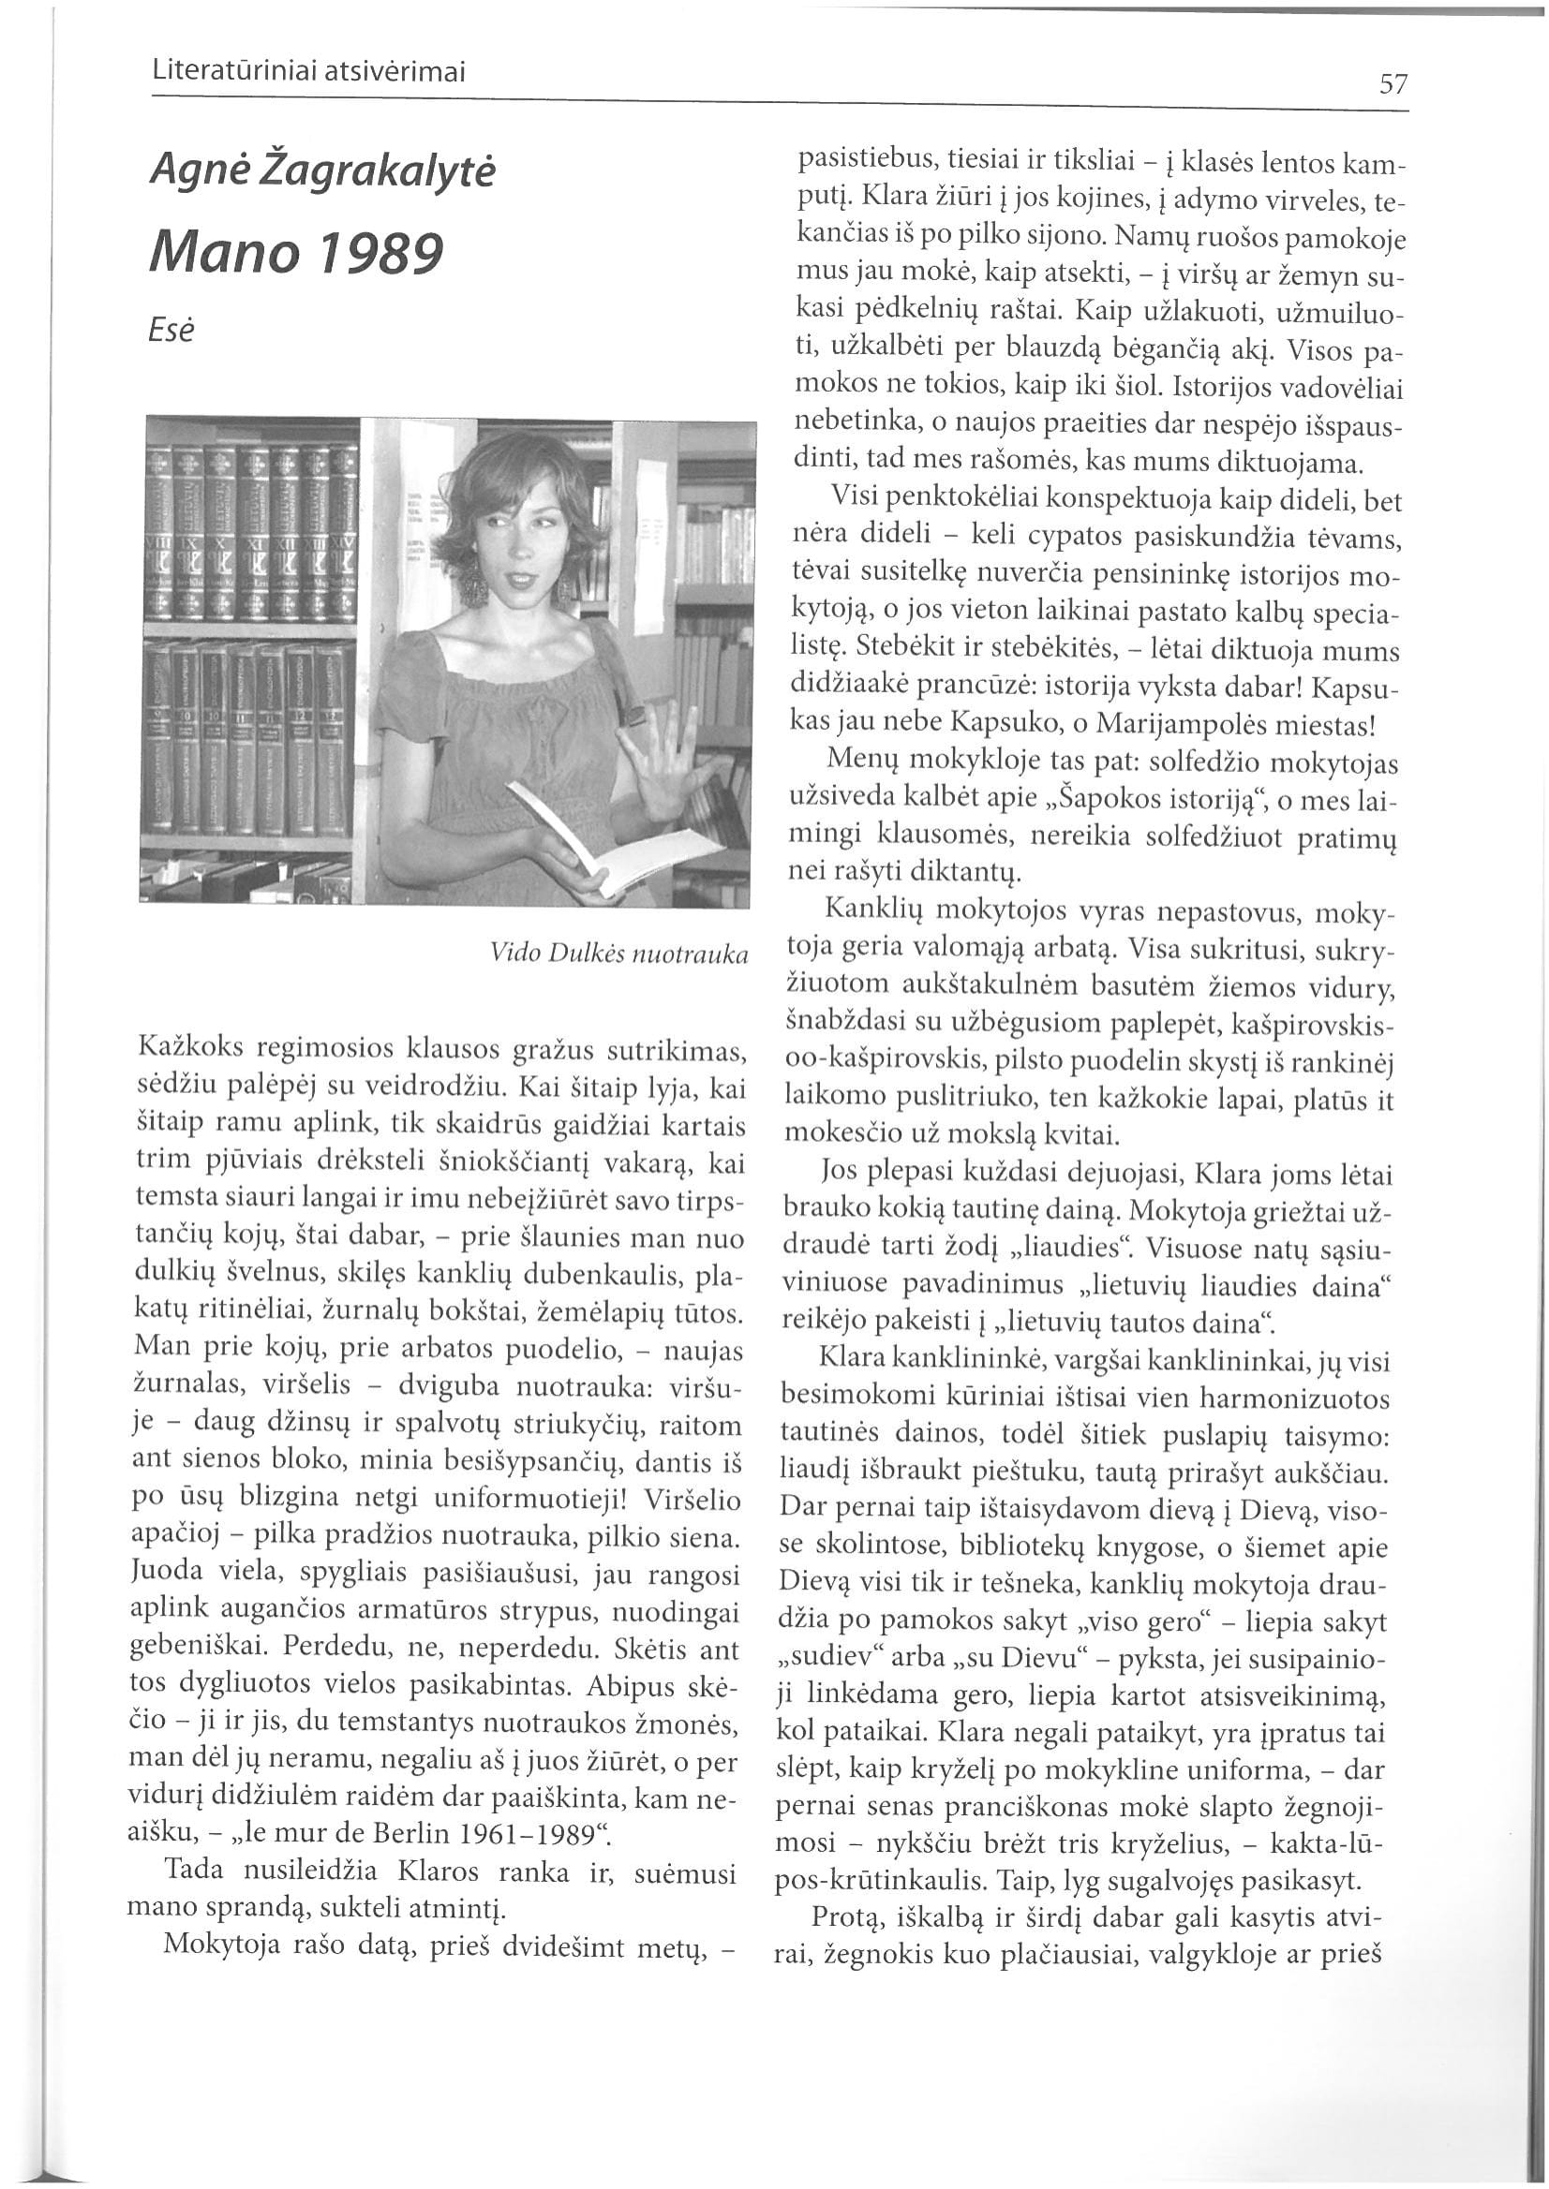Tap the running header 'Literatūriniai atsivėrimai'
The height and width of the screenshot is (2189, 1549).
pyautogui.click(x=308, y=72)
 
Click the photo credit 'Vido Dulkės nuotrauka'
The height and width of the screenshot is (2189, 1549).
pyautogui.click(x=618, y=954)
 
